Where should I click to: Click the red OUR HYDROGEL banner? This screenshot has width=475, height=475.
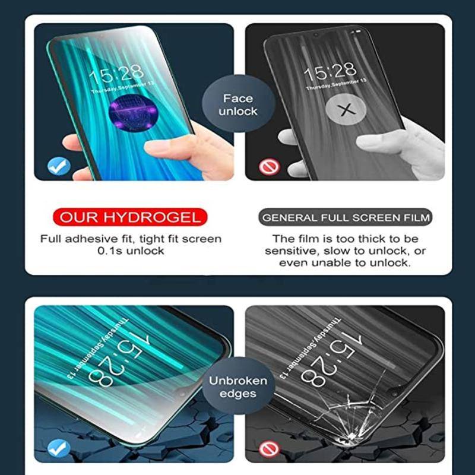(x=130, y=217)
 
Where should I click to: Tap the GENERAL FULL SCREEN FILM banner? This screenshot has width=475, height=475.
(x=346, y=217)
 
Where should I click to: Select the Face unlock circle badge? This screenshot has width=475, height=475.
(x=238, y=104)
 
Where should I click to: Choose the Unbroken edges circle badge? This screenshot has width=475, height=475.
(x=238, y=387)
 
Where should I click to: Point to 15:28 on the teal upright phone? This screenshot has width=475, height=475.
(x=116, y=74)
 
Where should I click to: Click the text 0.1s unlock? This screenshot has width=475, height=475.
(x=131, y=251)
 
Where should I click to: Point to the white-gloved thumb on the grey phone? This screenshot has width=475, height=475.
(x=386, y=141)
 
